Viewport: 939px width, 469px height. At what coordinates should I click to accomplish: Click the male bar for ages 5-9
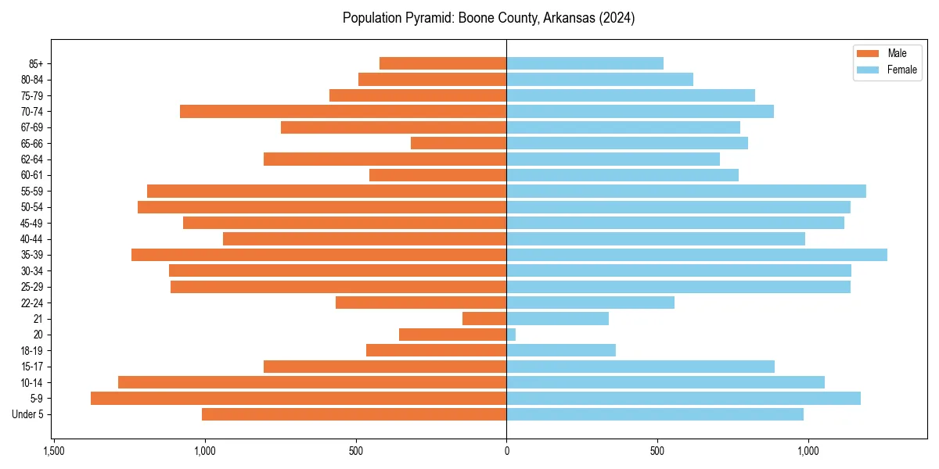coord(298,399)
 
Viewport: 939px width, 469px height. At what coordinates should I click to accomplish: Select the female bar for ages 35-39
coord(696,255)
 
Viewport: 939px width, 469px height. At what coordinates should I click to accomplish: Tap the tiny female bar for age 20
coord(511,335)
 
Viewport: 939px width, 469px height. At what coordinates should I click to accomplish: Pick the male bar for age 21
coord(484,319)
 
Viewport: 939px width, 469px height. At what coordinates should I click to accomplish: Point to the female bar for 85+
coord(585,63)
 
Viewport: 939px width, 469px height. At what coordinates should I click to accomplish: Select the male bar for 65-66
coord(459,143)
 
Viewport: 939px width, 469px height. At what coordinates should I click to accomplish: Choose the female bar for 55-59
coord(686,192)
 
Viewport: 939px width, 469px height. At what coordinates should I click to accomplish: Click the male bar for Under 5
coord(354,414)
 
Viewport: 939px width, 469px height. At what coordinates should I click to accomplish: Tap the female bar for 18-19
coord(561,350)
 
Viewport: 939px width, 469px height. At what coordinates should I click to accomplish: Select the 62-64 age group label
coord(32,159)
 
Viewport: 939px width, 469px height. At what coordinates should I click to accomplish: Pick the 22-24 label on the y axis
coord(32,303)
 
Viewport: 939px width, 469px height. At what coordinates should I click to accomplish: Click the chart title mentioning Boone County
coord(488,18)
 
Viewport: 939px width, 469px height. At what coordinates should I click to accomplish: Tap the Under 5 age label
coord(28,414)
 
